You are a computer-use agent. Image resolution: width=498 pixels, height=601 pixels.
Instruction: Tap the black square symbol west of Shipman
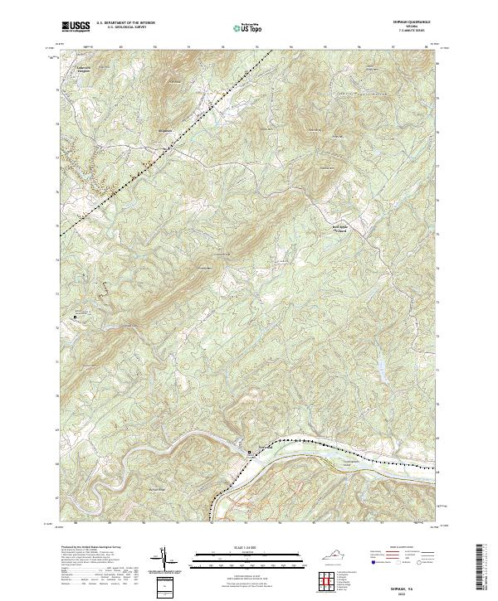(75, 316)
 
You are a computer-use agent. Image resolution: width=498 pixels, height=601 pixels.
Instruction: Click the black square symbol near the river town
(251, 453)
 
